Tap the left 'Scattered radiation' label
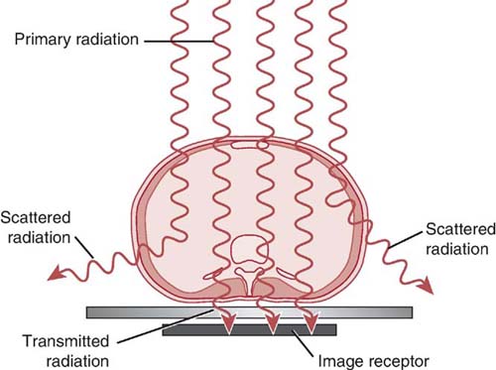point(38,225)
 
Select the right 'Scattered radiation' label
point(455,236)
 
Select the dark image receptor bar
point(249,329)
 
